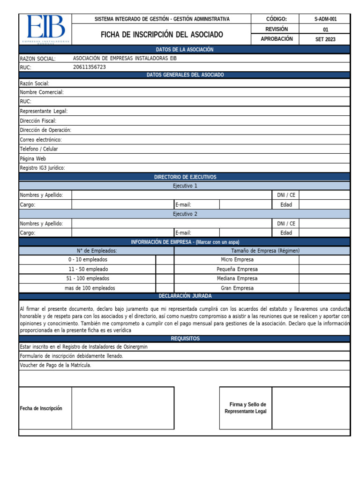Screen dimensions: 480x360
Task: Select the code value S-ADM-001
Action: point(325,19)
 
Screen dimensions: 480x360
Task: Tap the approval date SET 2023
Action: point(325,39)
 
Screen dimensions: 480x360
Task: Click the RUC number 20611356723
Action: point(90,67)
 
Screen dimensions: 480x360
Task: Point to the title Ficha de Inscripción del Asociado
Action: point(162,35)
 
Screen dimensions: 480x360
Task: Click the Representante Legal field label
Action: point(44,111)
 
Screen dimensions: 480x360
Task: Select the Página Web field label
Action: point(33,158)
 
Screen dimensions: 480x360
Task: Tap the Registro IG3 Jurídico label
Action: point(42,168)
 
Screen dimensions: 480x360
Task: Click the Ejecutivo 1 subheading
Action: point(185,186)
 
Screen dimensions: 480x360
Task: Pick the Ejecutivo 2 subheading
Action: point(185,214)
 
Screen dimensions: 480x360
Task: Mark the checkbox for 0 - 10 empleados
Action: point(165,260)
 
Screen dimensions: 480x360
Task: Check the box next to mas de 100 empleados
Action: point(165,288)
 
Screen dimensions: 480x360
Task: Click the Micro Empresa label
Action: point(237,260)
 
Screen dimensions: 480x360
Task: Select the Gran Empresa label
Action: point(237,288)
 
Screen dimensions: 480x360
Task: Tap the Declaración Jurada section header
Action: point(185,296)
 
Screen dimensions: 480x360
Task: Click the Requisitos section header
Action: point(185,338)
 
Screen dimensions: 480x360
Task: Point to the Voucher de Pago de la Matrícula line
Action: point(55,365)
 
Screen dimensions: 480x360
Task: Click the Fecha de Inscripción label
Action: point(41,408)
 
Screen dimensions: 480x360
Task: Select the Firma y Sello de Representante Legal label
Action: point(246,408)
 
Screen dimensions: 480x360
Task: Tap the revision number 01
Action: point(325,30)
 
